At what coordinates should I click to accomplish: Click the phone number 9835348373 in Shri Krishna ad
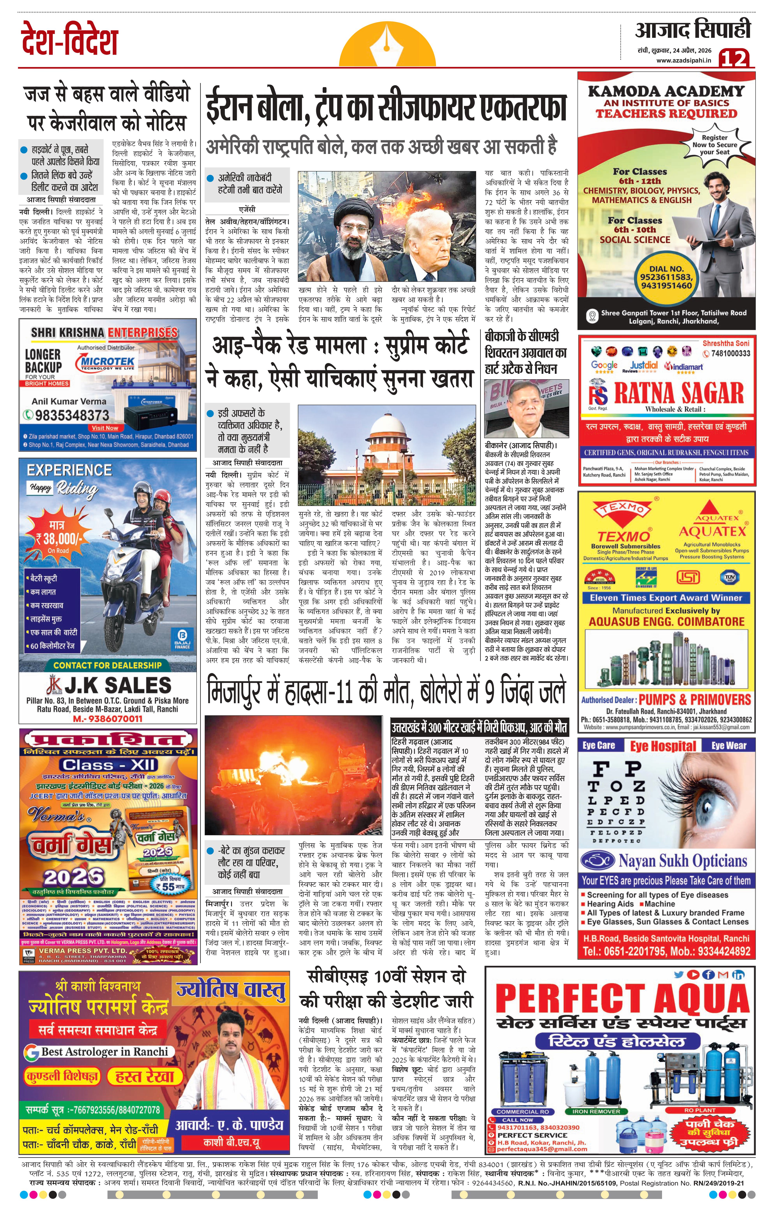point(72,415)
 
